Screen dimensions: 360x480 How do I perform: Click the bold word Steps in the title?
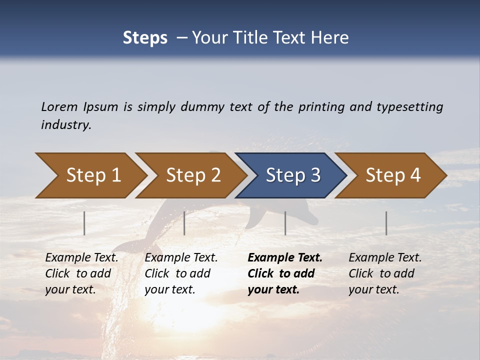(x=145, y=37)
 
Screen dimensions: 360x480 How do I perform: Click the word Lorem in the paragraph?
(x=59, y=106)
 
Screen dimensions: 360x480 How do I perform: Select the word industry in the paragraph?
(x=65, y=125)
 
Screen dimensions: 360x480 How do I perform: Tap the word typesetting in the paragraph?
(x=409, y=106)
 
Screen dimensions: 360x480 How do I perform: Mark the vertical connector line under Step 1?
(x=84, y=223)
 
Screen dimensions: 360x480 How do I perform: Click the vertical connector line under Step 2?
(x=184, y=223)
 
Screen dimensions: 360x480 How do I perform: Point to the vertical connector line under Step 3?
(x=285, y=223)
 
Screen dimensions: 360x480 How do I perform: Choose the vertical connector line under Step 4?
(x=386, y=223)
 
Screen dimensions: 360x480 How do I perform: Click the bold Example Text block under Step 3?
(x=284, y=273)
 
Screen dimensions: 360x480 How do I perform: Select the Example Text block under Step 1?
(x=81, y=273)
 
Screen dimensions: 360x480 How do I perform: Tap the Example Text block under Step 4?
(x=385, y=273)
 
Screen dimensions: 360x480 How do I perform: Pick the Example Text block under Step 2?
(x=181, y=273)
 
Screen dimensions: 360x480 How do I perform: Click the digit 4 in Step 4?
(x=415, y=175)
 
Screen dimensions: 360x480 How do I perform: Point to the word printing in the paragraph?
(x=321, y=106)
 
